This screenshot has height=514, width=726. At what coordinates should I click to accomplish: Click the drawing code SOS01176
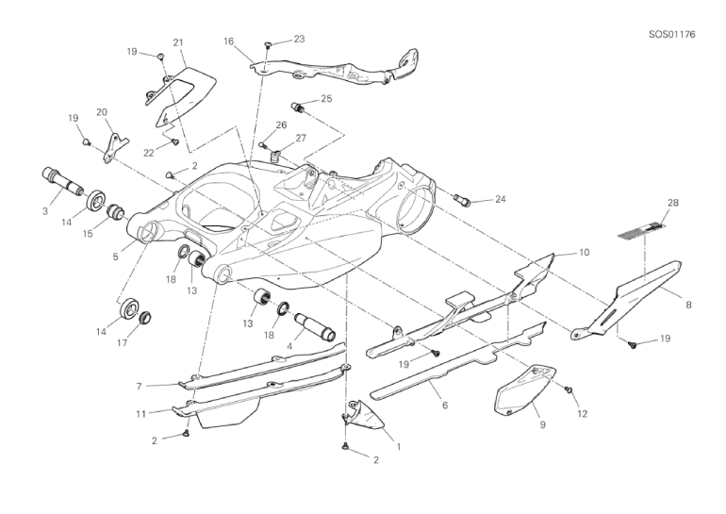pyautogui.click(x=671, y=35)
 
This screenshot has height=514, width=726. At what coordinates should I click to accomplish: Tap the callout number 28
pyautogui.click(x=647, y=203)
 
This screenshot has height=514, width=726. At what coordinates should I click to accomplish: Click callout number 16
pyautogui.click(x=228, y=41)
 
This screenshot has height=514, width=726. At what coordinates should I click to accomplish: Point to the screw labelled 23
pyautogui.click(x=269, y=44)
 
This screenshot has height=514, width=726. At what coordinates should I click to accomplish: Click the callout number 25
pyautogui.click(x=325, y=98)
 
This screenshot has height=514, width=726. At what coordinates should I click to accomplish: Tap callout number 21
pyautogui.click(x=177, y=42)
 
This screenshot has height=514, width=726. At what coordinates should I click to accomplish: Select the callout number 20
pyautogui.click(x=101, y=112)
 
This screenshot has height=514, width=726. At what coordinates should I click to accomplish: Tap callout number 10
pyautogui.click(x=584, y=253)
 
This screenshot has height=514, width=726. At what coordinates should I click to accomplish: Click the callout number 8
pyautogui.click(x=688, y=305)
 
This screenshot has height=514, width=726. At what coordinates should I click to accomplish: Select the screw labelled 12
pyautogui.click(x=569, y=390)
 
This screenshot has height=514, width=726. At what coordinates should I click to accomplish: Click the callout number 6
pyautogui.click(x=444, y=406)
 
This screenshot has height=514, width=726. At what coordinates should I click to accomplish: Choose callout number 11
pyautogui.click(x=139, y=413)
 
